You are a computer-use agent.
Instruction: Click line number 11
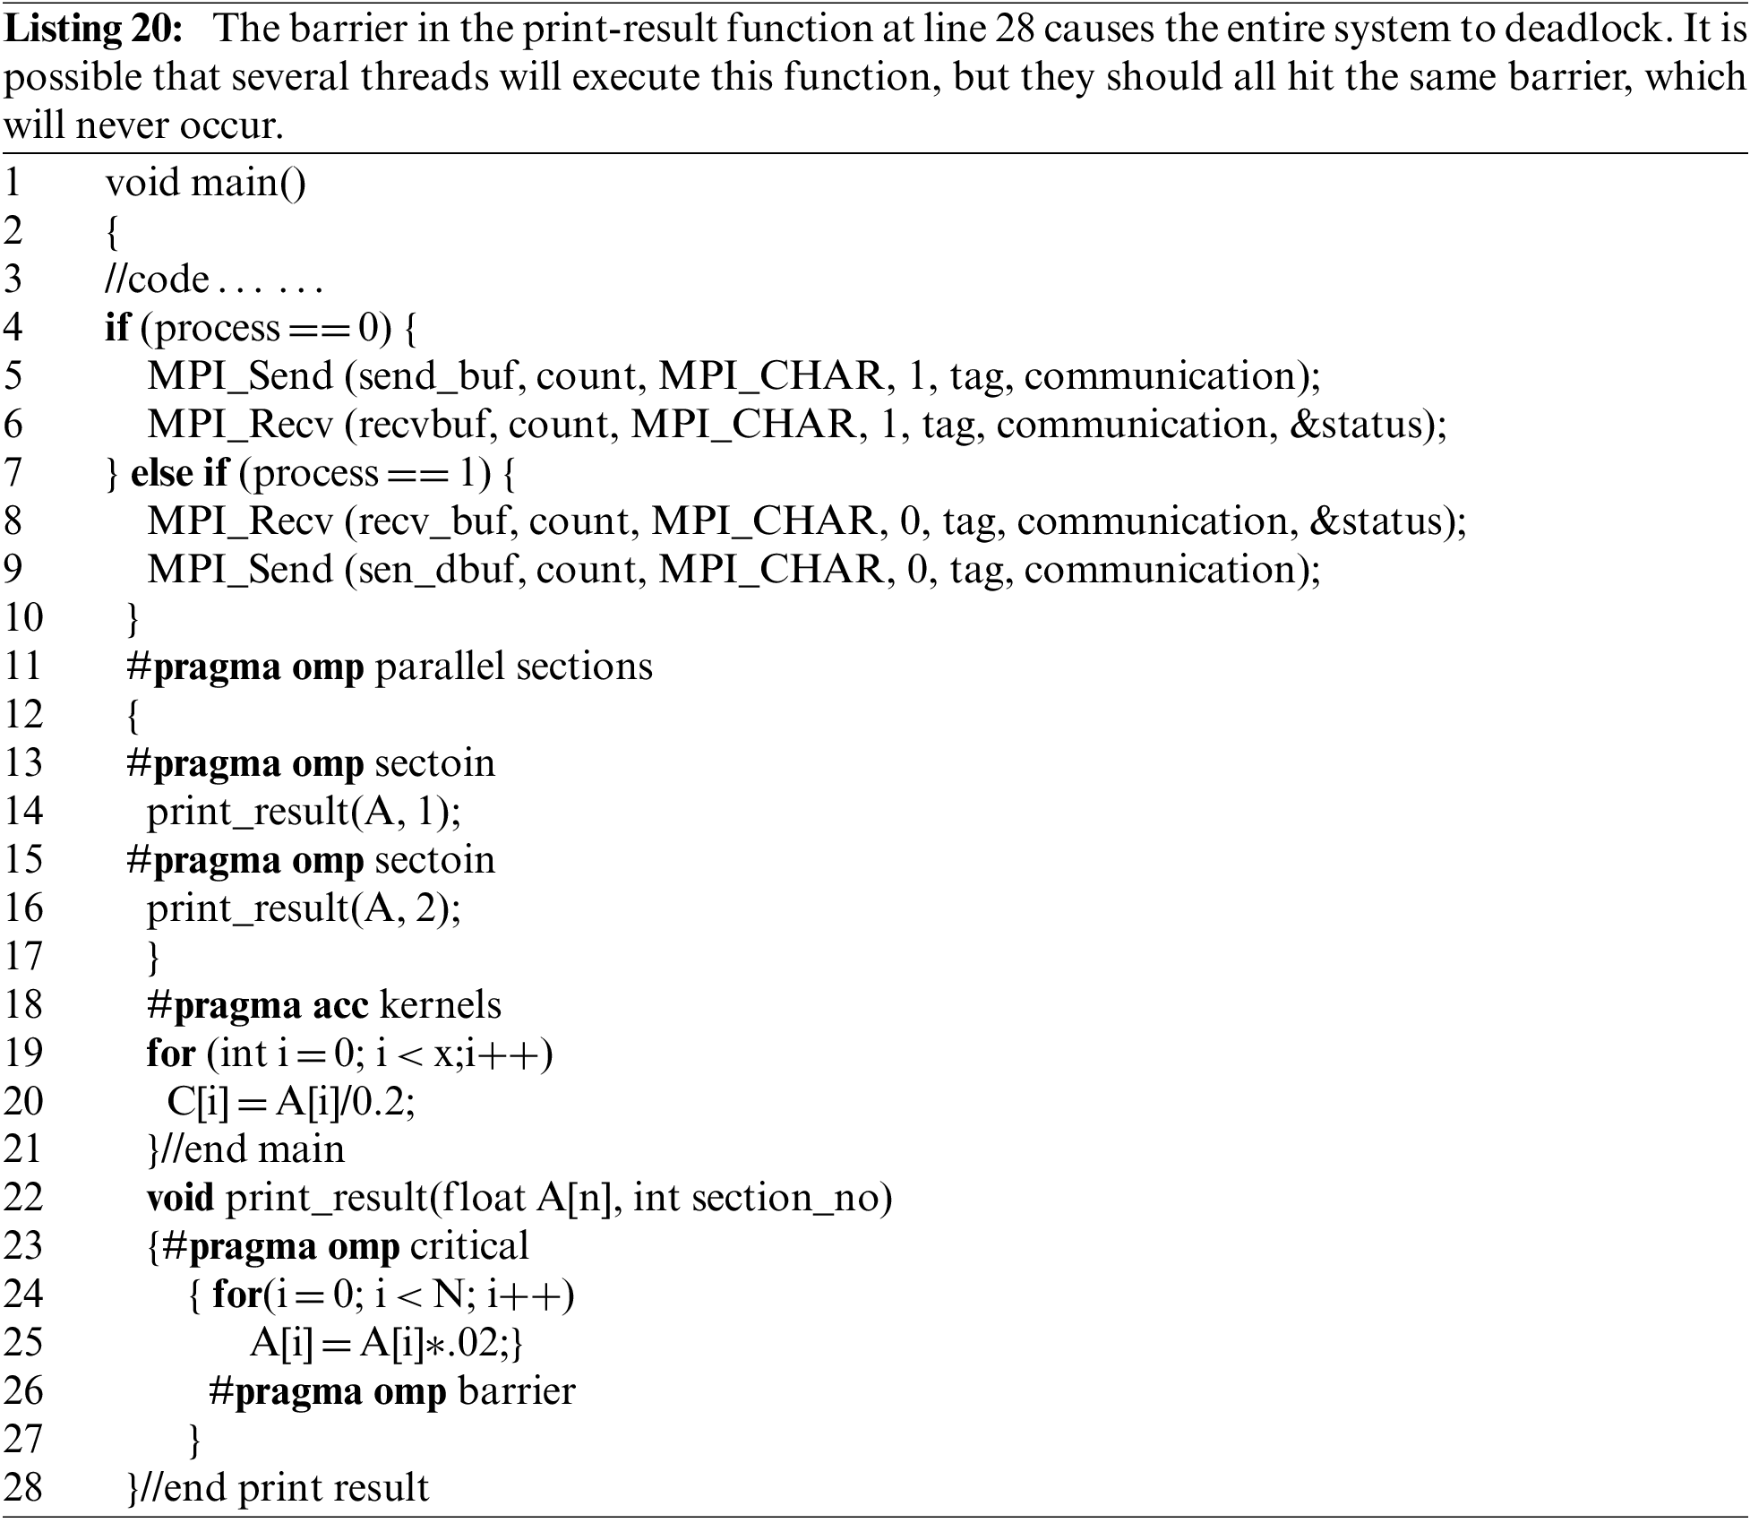coord(23,667)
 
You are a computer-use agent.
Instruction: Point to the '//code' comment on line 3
coord(157,280)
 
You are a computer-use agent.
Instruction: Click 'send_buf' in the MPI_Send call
coord(437,376)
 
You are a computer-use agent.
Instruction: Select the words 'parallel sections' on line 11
coord(513,667)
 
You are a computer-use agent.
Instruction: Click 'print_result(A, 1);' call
coord(304,812)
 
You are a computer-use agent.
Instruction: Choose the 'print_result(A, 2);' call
coord(304,908)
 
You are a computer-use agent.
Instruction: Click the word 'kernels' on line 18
coord(441,1005)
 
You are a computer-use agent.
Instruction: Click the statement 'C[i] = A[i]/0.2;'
coord(291,1102)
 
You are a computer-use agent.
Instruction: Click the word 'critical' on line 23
coord(469,1247)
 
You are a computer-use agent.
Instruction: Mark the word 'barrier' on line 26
coord(516,1391)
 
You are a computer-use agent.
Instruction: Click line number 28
coord(23,1488)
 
